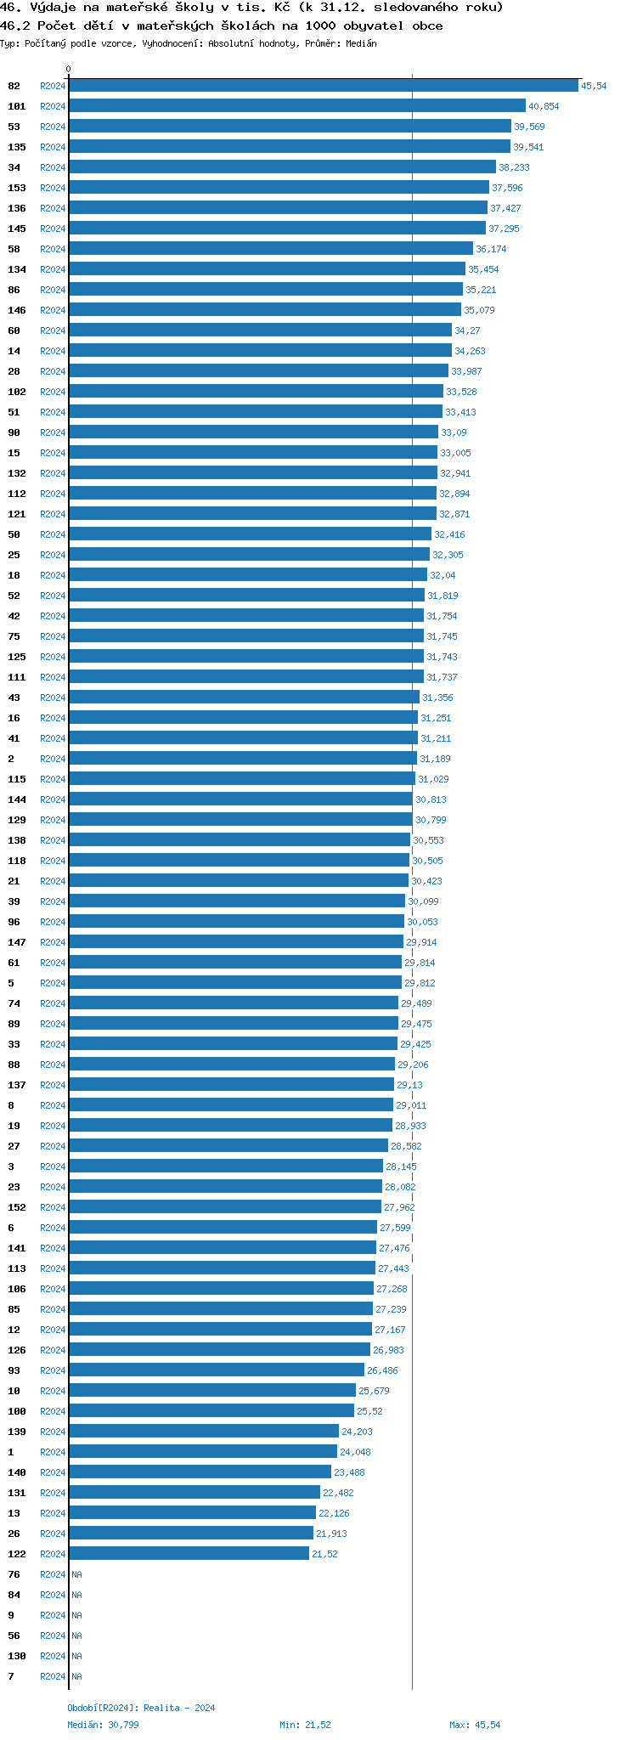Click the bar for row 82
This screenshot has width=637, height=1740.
323,86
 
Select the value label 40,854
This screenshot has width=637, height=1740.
544,106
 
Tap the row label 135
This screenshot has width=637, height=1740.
17,147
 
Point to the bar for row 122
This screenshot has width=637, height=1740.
189,1554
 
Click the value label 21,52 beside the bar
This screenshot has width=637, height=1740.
324,1554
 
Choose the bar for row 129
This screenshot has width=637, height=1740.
240,820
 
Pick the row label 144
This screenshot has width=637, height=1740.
17,799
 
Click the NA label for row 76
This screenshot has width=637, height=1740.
76,1574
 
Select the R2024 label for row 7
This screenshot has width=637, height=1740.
53,1676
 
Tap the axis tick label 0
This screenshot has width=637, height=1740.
69,70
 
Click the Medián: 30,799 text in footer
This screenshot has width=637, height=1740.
103,1725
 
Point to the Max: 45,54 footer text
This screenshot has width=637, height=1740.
475,1725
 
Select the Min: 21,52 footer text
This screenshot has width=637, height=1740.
305,1725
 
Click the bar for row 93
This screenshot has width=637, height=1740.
217,1370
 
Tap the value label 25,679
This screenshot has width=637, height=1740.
374,1391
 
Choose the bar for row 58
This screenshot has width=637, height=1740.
271,249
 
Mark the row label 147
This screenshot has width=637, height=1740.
17,942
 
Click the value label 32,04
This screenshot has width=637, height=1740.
443,575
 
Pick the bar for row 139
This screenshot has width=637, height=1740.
204,1432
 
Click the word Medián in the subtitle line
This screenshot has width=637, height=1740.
361,43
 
